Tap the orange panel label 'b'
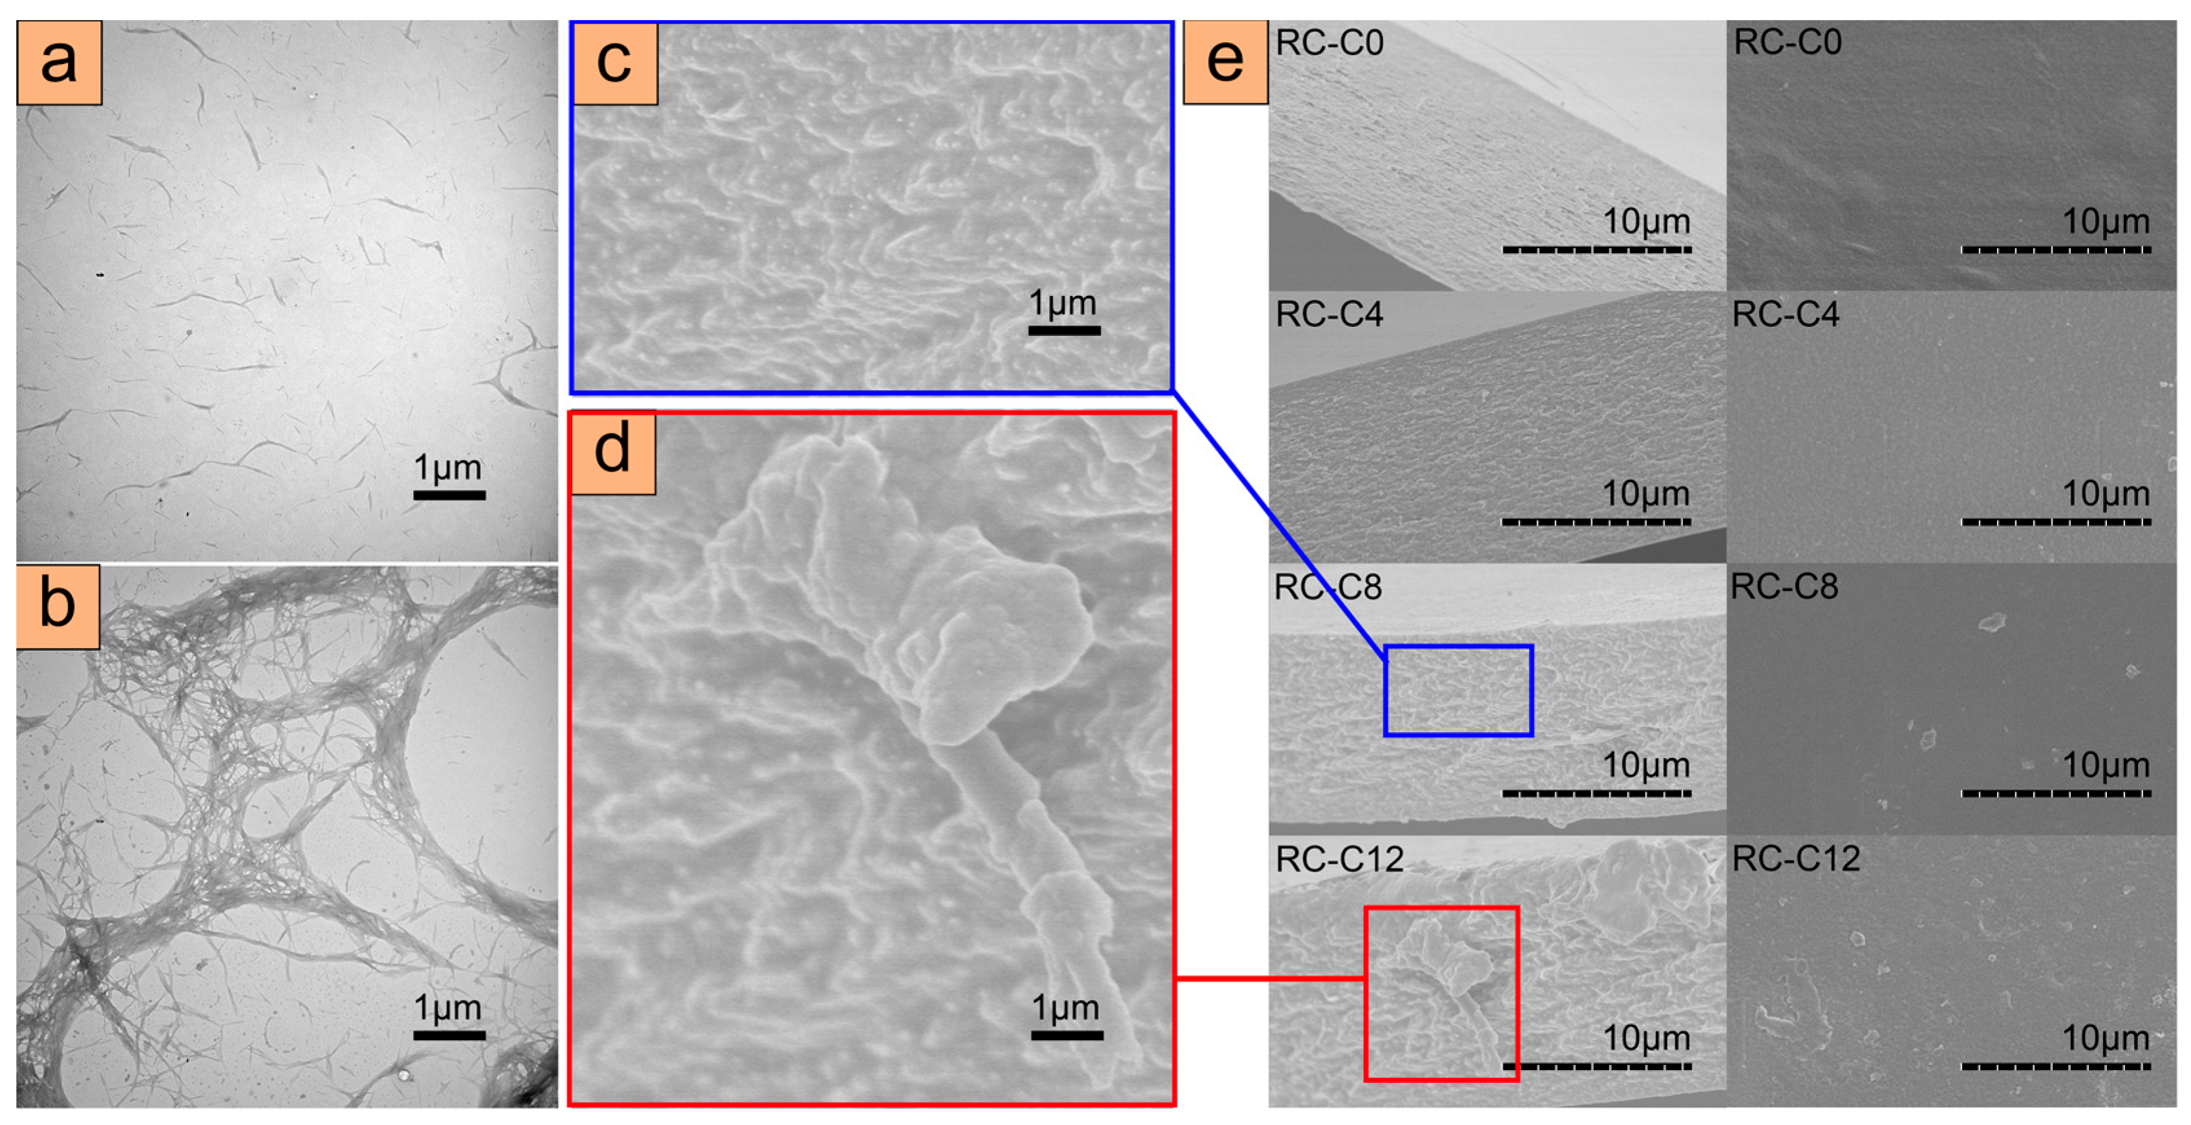click(58, 606)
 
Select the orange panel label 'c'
click(615, 63)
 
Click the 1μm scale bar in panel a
click(449, 495)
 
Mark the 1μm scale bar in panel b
click(449, 1035)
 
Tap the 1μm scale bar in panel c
click(1064, 330)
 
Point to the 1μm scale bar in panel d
click(1066, 1035)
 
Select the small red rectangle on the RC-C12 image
click(1441, 993)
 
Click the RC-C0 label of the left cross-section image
click(1329, 43)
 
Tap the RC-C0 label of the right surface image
click(1787, 43)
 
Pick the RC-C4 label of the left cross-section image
click(1329, 315)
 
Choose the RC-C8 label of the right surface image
click(1784, 587)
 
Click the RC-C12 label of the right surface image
click(1795, 859)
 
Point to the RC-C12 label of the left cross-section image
click(1340, 859)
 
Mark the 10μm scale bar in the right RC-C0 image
click(2056, 250)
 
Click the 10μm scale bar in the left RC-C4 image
click(1596, 521)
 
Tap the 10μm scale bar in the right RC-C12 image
click(2056, 1066)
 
